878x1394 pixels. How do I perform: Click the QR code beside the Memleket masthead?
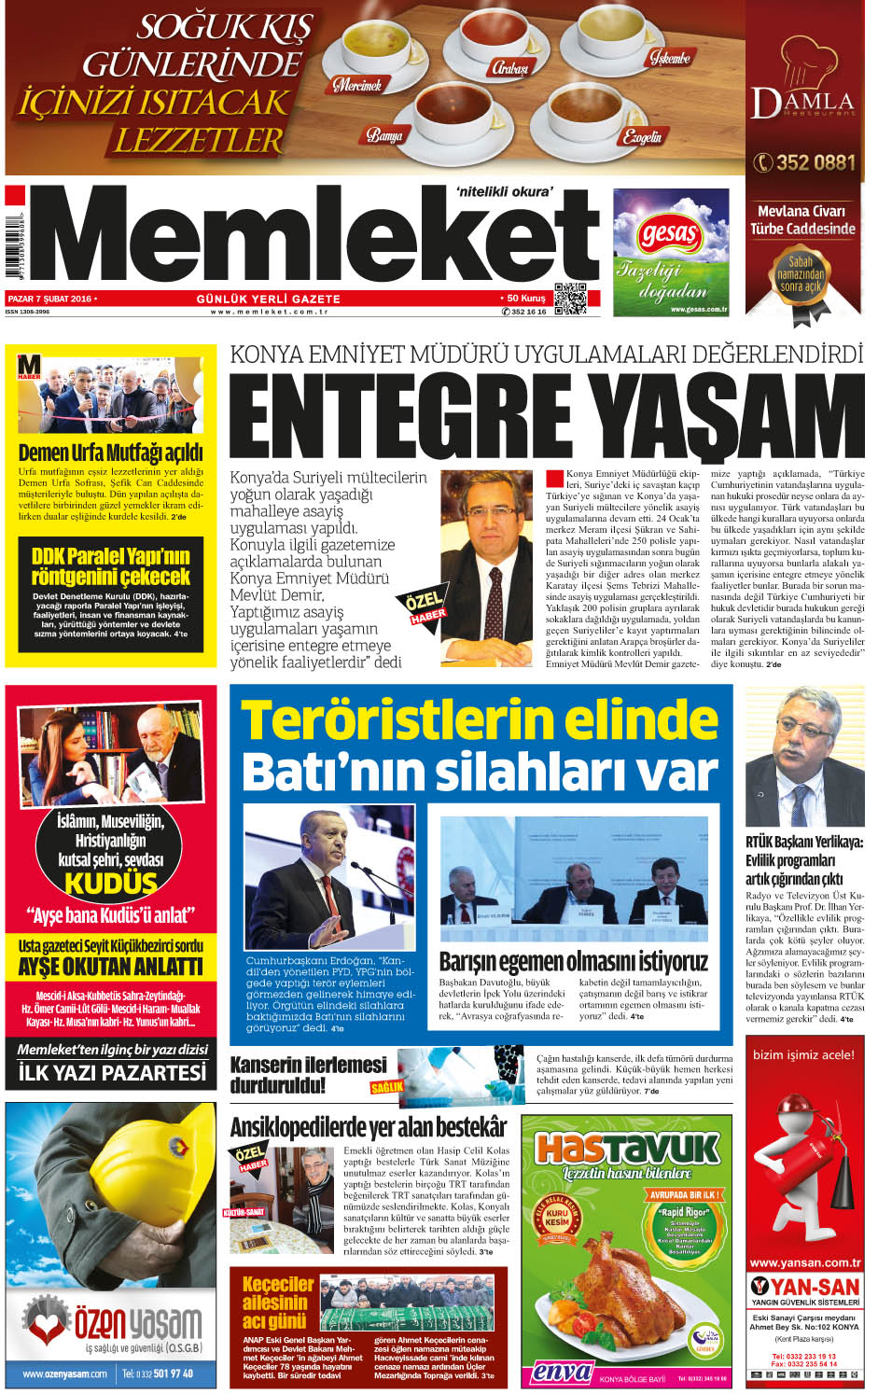pyautogui.click(x=569, y=298)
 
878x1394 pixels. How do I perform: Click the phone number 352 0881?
pyautogui.click(x=803, y=162)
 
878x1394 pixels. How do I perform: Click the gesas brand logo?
pyautogui.click(x=669, y=233)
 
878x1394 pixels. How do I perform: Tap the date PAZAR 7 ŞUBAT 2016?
pyautogui.click(x=50, y=299)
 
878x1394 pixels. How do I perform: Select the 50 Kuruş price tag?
pyautogui.click(x=525, y=299)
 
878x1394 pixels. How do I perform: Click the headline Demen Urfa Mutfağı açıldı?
pyautogui.click(x=110, y=453)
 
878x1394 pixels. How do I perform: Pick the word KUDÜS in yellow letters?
pyautogui.click(x=110, y=883)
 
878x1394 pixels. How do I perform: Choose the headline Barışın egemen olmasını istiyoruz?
pyautogui.click(x=573, y=961)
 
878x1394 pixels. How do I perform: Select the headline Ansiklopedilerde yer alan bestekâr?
pyautogui.click(x=369, y=1127)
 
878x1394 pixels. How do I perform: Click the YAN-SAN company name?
pyautogui.click(x=814, y=1287)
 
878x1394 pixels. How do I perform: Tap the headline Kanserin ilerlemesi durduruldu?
pyautogui.click(x=308, y=1074)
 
